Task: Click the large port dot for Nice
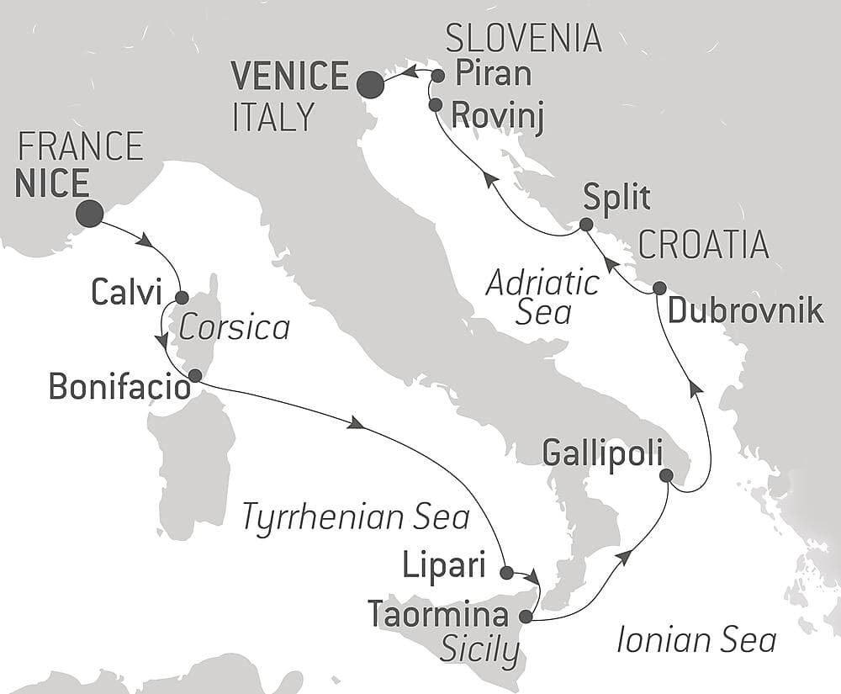pos(89,214)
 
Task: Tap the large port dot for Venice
pos(369,84)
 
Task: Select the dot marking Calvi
pos(182,297)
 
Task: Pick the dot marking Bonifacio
pos(194,375)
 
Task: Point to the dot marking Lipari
pos(505,573)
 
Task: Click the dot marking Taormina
pos(526,615)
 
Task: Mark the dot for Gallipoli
pos(666,475)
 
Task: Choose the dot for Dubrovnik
pos(659,287)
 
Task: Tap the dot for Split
pos(585,225)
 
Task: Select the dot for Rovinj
pos(435,105)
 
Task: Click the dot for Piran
pos(437,76)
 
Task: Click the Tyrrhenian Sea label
pos(355,517)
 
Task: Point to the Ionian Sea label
pos(696,640)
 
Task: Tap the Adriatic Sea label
pos(542,297)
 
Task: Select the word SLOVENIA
pos(523,39)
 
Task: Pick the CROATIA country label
pos(704,244)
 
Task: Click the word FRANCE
pos(80,147)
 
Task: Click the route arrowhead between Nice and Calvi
pos(145,240)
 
